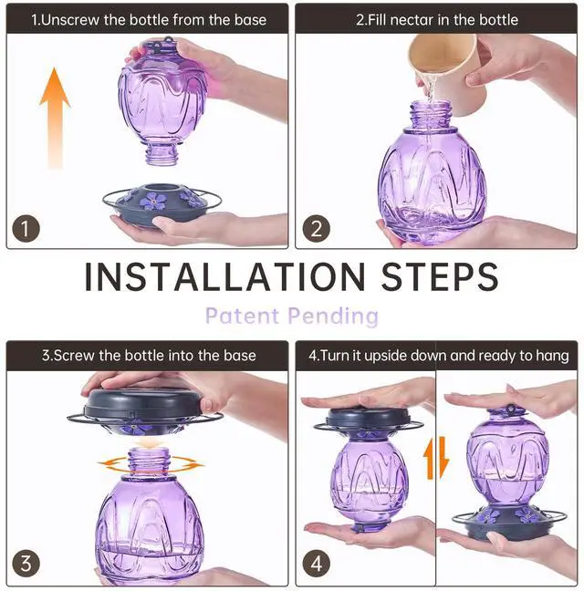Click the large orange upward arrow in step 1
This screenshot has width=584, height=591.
pyautogui.click(x=55, y=117)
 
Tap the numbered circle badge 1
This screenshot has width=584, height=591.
pyautogui.click(x=26, y=228)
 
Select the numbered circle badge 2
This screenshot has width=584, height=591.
pyautogui.click(x=317, y=228)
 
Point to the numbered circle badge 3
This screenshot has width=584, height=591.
pyautogui.click(x=26, y=563)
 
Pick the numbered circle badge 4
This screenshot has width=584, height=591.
pyautogui.click(x=317, y=563)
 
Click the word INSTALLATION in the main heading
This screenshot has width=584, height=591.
pyautogui.click(x=225, y=276)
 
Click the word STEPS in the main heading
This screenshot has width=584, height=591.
pyautogui.click(x=440, y=276)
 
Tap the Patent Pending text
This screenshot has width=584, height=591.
pyautogui.click(x=292, y=316)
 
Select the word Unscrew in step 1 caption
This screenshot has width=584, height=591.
pyautogui.click(x=69, y=20)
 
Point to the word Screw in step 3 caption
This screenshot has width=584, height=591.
pyautogui.click(x=75, y=356)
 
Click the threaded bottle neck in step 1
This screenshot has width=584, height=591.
pyautogui.click(x=162, y=154)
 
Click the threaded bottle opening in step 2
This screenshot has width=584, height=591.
pyautogui.click(x=431, y=114)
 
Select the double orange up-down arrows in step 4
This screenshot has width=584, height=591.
pyautogui.click(x=436, y=458)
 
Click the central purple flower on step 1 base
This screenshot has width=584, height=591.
pyautogui.click(x=152, y=201)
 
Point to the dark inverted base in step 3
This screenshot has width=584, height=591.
pyautogui.click(x=145, y=410)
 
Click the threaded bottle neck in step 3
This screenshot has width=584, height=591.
pyautogui.click(x=148, y=461)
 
